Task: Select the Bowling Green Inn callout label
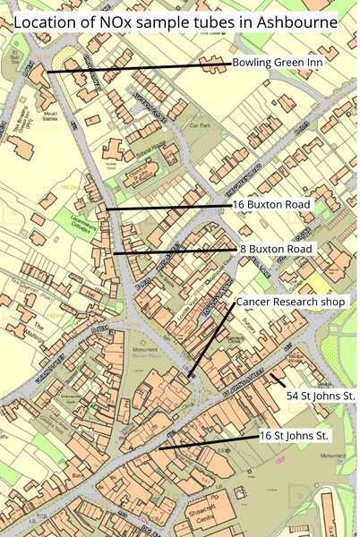point(277,63)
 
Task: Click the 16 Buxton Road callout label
point(271,205)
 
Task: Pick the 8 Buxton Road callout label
point(275,248)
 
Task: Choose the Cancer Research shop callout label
point(290,303)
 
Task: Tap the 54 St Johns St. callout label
point(321,395)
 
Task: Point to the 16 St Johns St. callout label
point(295,435)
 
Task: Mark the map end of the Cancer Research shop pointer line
point(190,376)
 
